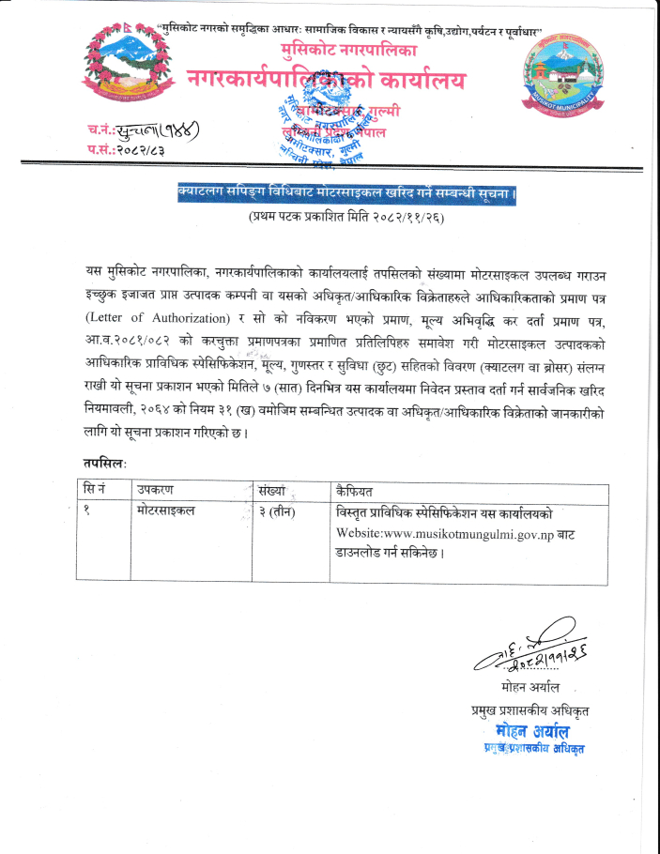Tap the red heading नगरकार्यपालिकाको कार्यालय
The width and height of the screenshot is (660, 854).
pyautogui.click(x=325, y=82)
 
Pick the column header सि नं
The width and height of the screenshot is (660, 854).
pyautogui.click(x=99, y=489)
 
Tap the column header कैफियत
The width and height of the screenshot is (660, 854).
pyautogui.click(x=358, y=489)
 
